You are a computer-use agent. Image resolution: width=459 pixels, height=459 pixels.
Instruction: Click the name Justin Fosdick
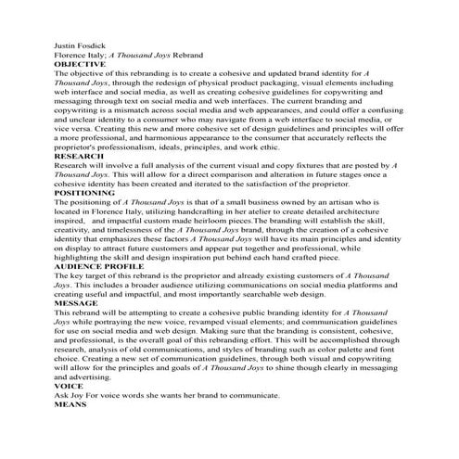pos(81,44)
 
